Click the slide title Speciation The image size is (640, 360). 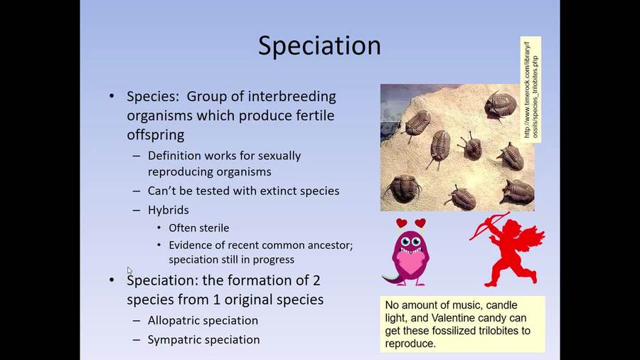click(319, 46)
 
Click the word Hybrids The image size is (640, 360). click(168, 210)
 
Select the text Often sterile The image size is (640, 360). click(199, 228)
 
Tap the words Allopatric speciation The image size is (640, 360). click(203, 321)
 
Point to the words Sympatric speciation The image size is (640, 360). click(203, 340)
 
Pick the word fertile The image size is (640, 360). click(314, 115)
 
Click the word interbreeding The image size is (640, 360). click(292, 97)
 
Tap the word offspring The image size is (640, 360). click(156, 135)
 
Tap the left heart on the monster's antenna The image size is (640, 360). click(402, 223)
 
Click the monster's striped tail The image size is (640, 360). click(393, 279)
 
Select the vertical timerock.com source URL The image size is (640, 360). click(530, 90)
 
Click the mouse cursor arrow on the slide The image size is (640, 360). click(129, 270)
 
